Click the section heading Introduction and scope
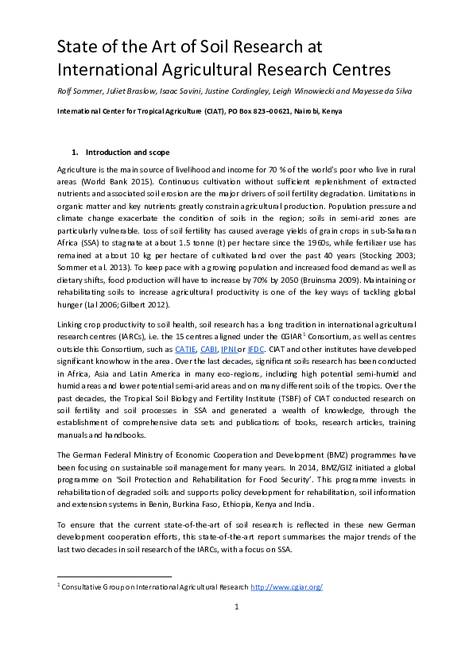coord(127,152)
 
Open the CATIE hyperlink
coord(185,347)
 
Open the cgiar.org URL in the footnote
coord(286,587)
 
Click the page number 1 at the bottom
coord(236,608)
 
